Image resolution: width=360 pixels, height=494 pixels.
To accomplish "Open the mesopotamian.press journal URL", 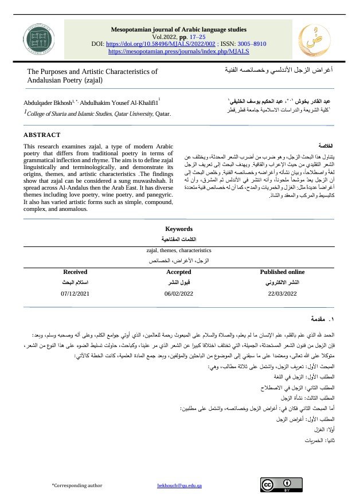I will tap(178, 51).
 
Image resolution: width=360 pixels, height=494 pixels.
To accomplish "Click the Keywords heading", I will tap(178, 229).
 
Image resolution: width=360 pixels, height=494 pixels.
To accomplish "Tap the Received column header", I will tap(75, 272).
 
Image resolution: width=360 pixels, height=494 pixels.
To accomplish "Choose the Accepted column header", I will tap(178, 272).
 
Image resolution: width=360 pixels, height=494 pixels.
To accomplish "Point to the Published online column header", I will tap(282, 272).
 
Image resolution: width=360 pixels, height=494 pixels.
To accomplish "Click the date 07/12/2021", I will tap(75, 293).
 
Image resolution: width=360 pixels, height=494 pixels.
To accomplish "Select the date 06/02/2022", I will tap(178, 293).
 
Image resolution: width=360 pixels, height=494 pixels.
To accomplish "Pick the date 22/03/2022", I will tap(282, 293).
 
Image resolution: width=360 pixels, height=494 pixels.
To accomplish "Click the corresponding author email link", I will tap(179, 485).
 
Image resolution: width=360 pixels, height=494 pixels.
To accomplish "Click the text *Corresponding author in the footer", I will tap(77, 485).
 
